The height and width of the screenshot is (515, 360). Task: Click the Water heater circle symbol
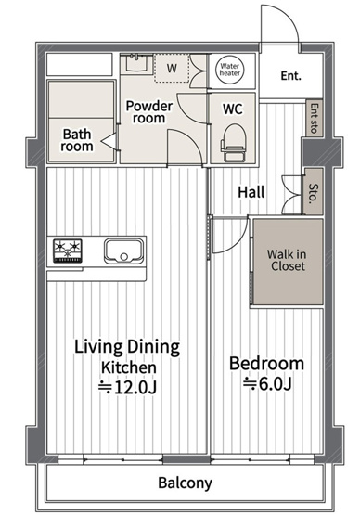230,70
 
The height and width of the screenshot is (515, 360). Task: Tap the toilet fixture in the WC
234,143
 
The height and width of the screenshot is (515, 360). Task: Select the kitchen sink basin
123,251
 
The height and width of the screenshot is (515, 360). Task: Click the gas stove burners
68,251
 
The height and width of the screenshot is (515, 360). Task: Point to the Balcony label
185,483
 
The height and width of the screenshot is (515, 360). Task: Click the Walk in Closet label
287,260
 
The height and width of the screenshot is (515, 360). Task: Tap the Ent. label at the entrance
290,76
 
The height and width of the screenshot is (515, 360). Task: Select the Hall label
251,192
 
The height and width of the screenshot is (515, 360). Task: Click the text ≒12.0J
128,388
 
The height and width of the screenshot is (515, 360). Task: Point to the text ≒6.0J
267,383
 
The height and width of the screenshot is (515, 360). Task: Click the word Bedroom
266,363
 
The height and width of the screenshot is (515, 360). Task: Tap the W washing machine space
172,68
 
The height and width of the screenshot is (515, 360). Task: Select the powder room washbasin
135,63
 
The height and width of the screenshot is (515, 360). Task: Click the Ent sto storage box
315,118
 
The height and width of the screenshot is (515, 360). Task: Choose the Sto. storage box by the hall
314,192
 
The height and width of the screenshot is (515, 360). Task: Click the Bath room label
77,140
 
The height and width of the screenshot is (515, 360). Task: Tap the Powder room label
148,111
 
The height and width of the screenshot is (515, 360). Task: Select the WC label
233,109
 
